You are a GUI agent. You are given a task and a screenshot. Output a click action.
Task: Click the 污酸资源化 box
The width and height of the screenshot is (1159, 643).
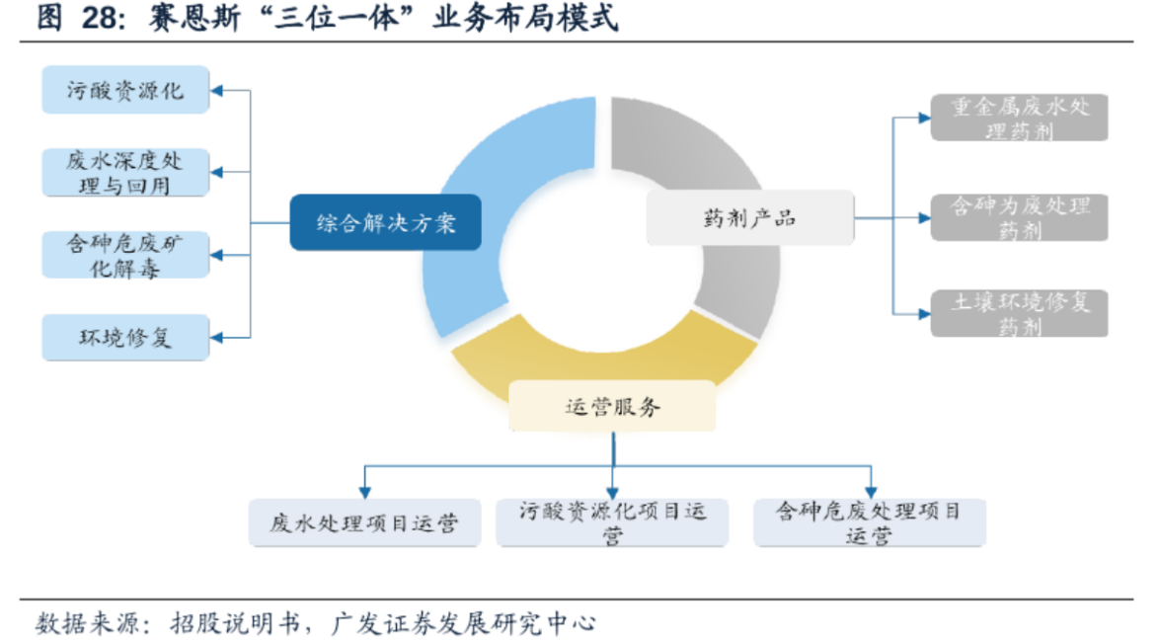pos(125,90)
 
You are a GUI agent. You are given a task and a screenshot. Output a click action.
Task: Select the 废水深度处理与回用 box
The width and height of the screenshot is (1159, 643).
pos(125,173)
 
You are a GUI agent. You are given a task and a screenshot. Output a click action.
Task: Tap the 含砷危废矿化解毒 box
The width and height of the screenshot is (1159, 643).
pos(125,255)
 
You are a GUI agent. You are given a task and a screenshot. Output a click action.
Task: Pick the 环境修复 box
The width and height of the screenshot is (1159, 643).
pos(125,337)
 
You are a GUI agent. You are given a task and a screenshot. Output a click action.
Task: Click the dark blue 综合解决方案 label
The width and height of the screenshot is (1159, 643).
pos(385,222)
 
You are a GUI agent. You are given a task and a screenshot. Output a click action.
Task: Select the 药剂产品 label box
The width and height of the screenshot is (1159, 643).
pos(749,218)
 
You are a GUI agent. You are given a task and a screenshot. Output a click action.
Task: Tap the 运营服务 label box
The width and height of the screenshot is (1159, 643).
pos(612,406)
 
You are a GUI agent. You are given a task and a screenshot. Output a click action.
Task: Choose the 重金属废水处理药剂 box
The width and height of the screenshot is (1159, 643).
pos(1019,119)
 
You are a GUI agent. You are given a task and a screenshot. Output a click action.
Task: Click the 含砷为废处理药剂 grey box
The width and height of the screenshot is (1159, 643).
pos(1019,218)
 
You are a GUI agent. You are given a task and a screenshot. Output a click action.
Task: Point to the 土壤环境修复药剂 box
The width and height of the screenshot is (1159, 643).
pos(1019,313)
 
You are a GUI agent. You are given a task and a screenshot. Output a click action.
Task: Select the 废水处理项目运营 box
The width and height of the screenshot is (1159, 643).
pos(363,523)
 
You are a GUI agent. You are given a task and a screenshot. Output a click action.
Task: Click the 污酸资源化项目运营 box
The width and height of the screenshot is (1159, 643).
pos(612,523)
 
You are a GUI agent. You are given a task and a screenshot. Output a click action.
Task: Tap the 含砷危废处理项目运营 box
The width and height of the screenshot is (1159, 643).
pos(869,523)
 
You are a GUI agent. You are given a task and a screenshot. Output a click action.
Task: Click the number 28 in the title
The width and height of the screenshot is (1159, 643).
pos(100,19)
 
